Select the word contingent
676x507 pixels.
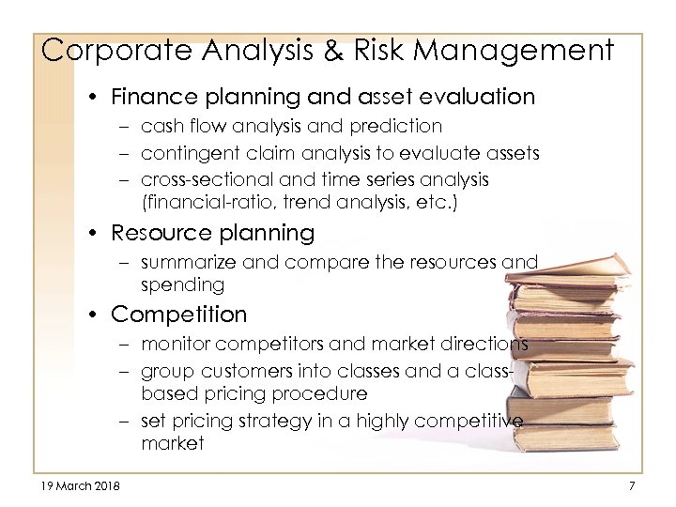[186, 152]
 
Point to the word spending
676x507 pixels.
[183, 284]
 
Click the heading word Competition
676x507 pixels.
[179, 315]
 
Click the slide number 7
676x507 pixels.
[632, 485]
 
